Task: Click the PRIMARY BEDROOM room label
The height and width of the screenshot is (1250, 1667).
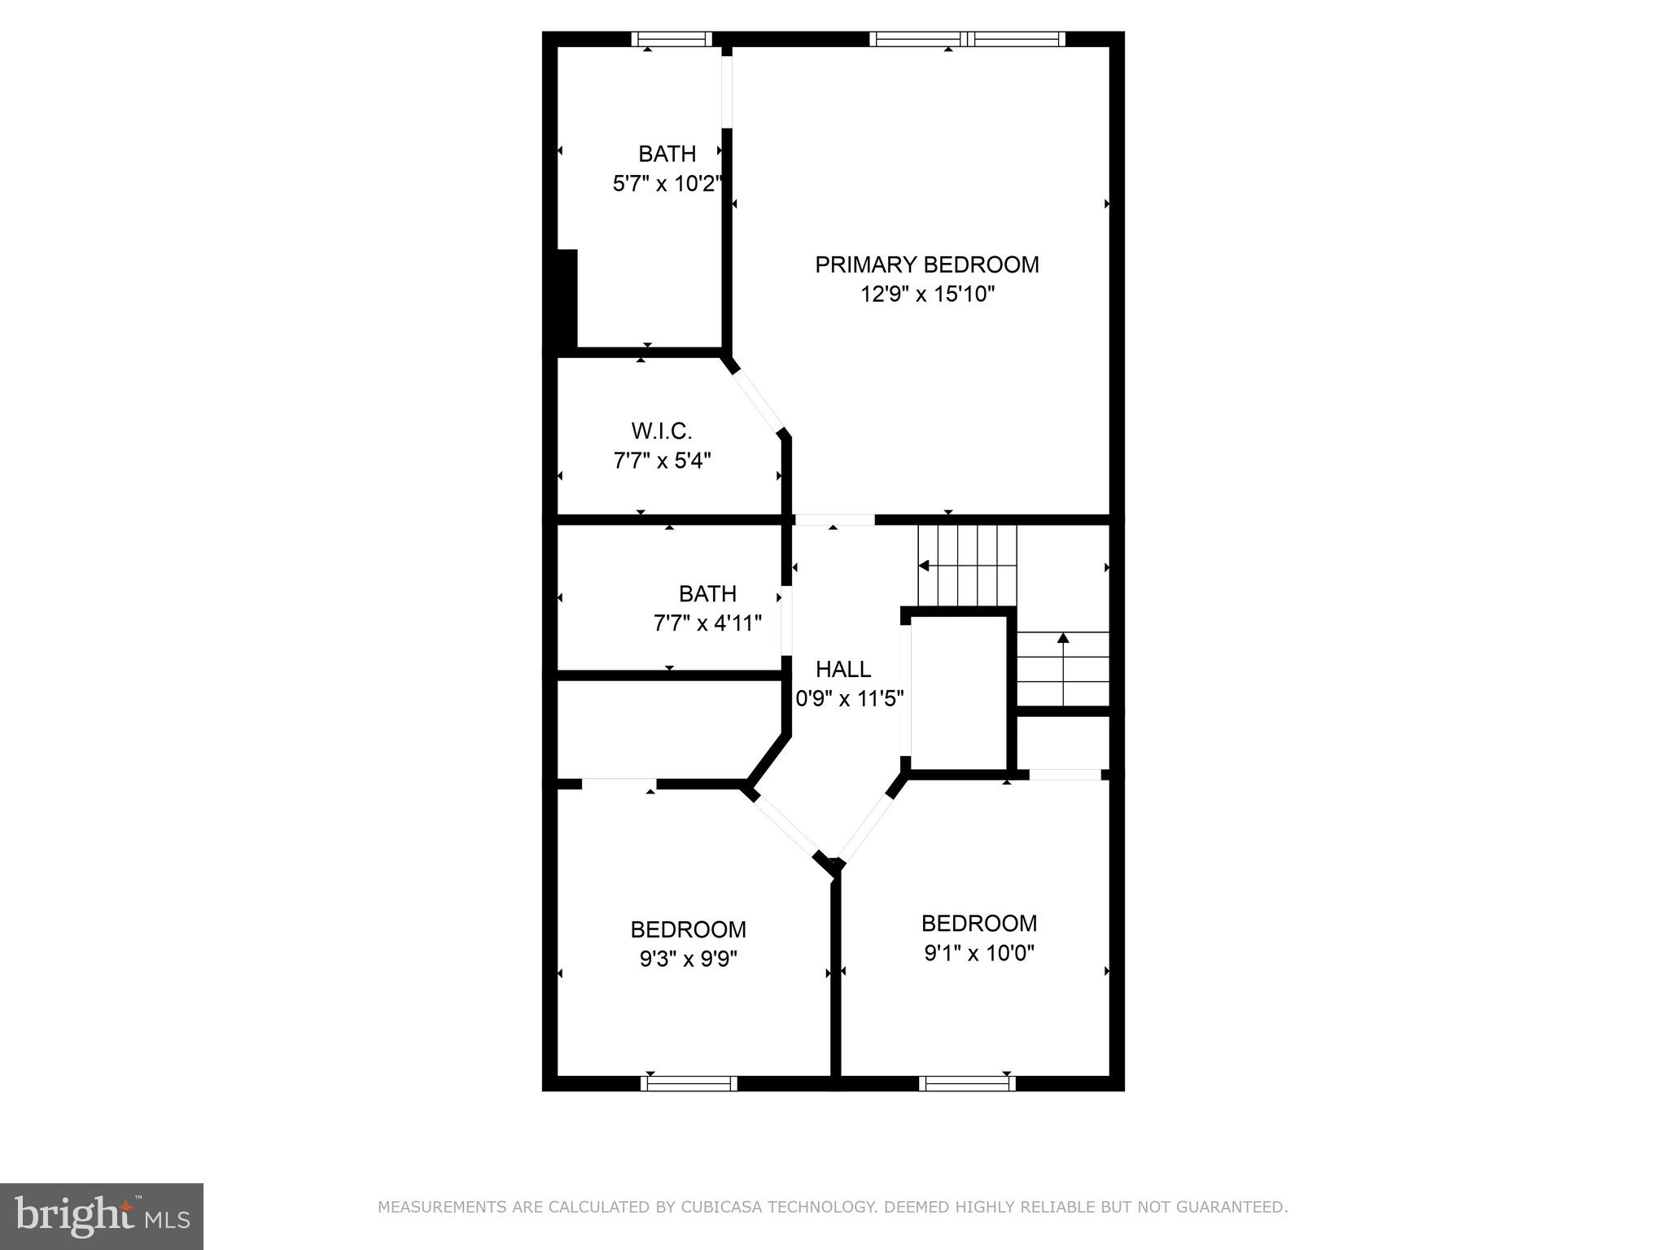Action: pyautogui.click(x=926, y=264)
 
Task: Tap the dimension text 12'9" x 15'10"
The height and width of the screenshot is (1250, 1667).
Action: pyautogui.click(x=928, y=294)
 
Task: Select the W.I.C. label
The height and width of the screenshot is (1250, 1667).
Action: pyautogui.click(x=661, y=431)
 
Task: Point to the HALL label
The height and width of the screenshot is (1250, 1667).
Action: pyautogui.click(x=843, y=669)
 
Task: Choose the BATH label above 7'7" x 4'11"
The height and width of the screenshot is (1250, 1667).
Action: pyautogui.click(x=707, y=593)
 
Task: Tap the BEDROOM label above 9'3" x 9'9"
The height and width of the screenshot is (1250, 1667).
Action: pyautogui.click(x=688, y=929)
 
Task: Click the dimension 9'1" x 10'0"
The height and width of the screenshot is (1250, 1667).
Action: pyautogui.click(x=978, y=952)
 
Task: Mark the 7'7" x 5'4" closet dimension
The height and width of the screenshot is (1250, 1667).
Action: pyautogui.click(x=662, y=461)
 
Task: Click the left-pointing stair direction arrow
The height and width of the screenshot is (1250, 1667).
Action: pyautogui.click(x=925, y=565)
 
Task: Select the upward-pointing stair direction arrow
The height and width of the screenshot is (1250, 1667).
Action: pyautogui.click(x=1062, y=639)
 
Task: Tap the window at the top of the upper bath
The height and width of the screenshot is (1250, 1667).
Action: pyautogui.click(x=672, y=39)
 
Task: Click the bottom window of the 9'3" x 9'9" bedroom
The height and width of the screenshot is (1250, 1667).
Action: pyautogui.click(x=689, y=1083)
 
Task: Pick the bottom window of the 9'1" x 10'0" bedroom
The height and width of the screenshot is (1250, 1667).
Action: pyautogui.click(x=967, y=1083)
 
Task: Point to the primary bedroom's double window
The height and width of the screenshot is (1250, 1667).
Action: pyautogui.click(x=967, y=39)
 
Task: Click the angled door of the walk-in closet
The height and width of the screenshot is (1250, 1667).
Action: pyautogui.click(x=759, y=402)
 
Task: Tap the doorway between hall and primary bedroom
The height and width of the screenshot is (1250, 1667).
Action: pyautogui.click(x=834, y=519)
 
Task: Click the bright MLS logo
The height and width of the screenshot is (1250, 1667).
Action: pyautogui.click(x=101, y=1216)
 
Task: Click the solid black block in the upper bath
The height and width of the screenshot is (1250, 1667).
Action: pyautogui.click(x=566, y=299)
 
